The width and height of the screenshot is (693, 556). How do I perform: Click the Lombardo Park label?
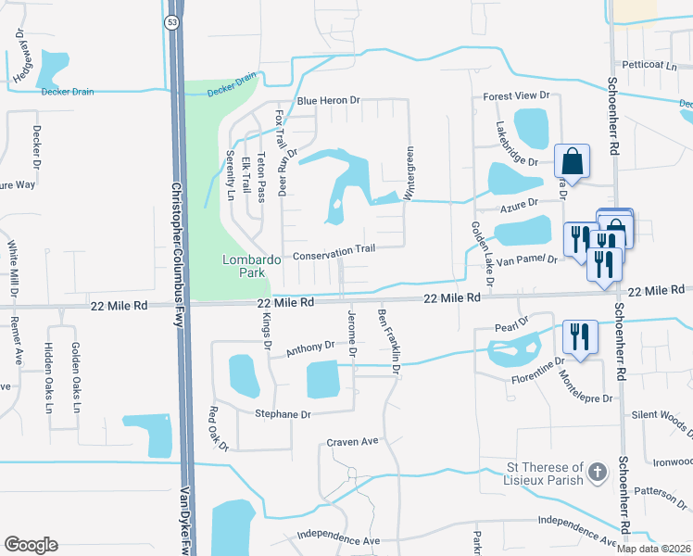251,267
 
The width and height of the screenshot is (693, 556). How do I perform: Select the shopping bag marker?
572,161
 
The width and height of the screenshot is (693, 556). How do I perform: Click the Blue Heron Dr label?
327,101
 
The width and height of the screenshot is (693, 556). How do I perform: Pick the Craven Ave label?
352,442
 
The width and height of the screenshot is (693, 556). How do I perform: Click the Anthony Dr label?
309,349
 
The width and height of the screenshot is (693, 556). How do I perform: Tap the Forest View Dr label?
517,95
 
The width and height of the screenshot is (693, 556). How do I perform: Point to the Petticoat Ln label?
649,66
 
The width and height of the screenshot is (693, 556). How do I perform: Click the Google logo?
31,545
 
